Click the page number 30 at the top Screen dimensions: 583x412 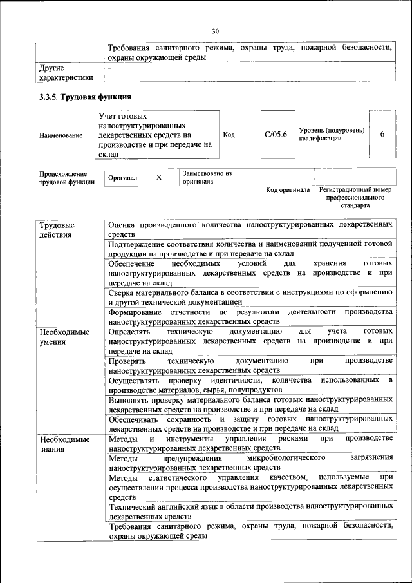click(x=215, y=30)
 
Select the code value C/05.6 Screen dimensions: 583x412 click(x=276, y=135)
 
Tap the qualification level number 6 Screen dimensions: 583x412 click(x=382, y=134)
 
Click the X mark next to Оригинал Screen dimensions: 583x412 click(x=158, y=177)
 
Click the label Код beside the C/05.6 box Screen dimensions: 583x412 click(x=229, y=135)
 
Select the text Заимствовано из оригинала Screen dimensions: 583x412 click(x=207, y=177)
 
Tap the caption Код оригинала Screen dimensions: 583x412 click(x=288, y=190)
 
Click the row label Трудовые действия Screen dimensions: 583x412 click(x=57, y=230)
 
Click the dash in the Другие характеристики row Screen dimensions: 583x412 click(x=109, y=67)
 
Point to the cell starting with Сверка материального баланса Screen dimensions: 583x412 click(x=250, y=297)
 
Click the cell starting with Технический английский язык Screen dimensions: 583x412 click(x=250, y=511)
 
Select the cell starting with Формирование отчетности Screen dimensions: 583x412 click(x=250, y=316)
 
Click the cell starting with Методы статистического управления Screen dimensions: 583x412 click(x=250, y=487)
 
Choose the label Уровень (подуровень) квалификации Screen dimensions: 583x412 click(x=332, y=135)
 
